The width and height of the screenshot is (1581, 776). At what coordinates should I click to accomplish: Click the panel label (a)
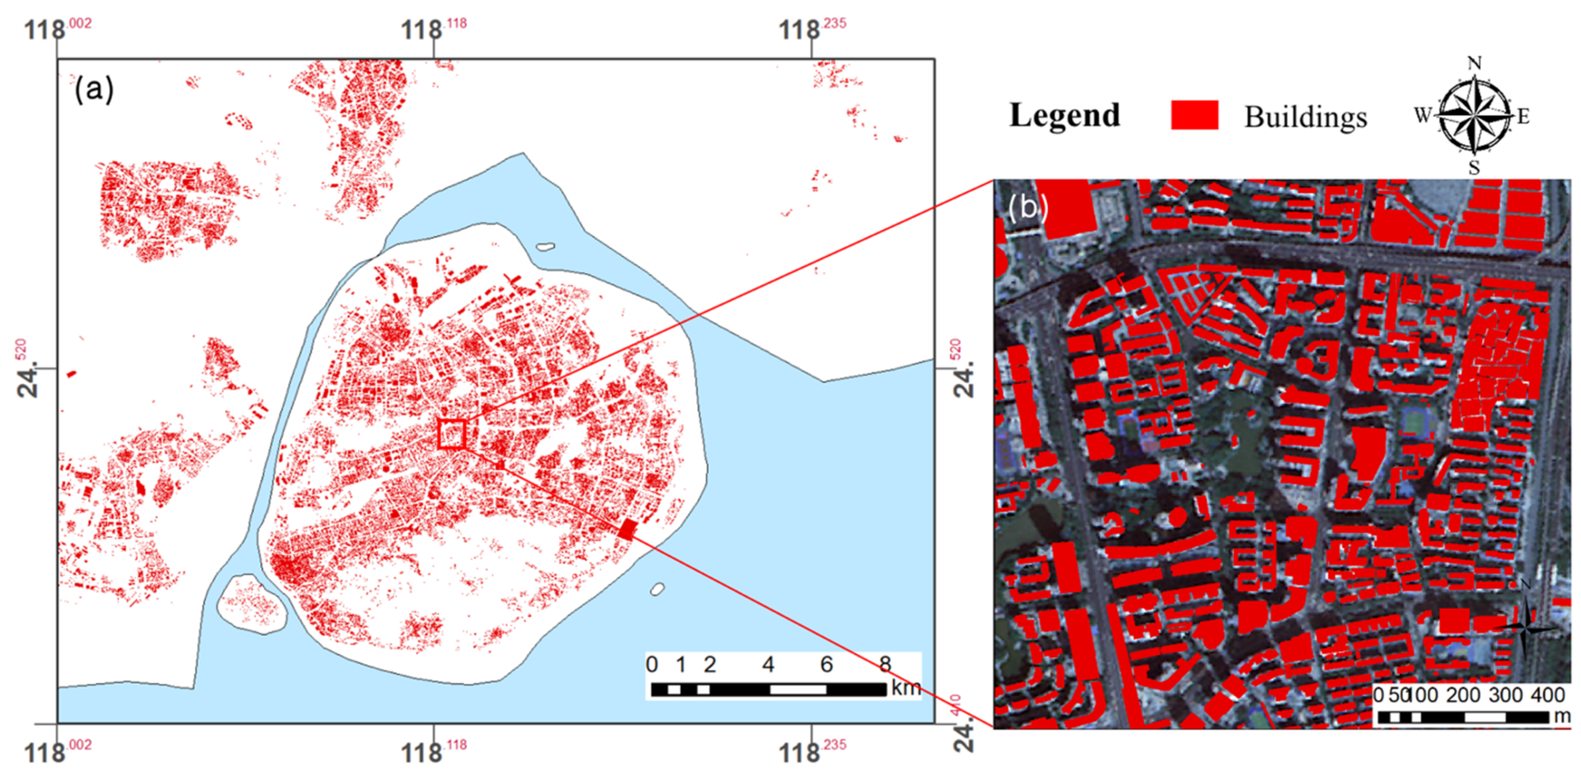[94, 90]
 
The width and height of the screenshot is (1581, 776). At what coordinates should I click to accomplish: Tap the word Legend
[1065, 115]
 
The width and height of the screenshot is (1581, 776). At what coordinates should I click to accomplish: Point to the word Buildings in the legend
[1305, 117]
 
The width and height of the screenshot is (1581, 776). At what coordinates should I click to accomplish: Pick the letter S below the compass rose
[1473, 167]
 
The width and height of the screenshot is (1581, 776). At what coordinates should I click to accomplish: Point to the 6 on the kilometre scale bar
[826, 664]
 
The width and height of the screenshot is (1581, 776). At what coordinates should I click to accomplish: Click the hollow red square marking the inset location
[452, 434]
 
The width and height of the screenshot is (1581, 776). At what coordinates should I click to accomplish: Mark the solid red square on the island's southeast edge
[627, 529]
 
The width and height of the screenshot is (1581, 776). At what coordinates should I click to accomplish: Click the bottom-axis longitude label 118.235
[811, 751]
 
